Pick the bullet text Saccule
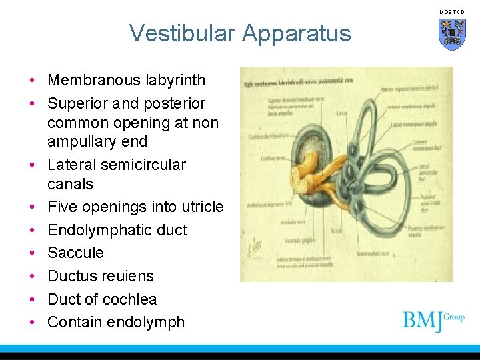pos(75,253)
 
